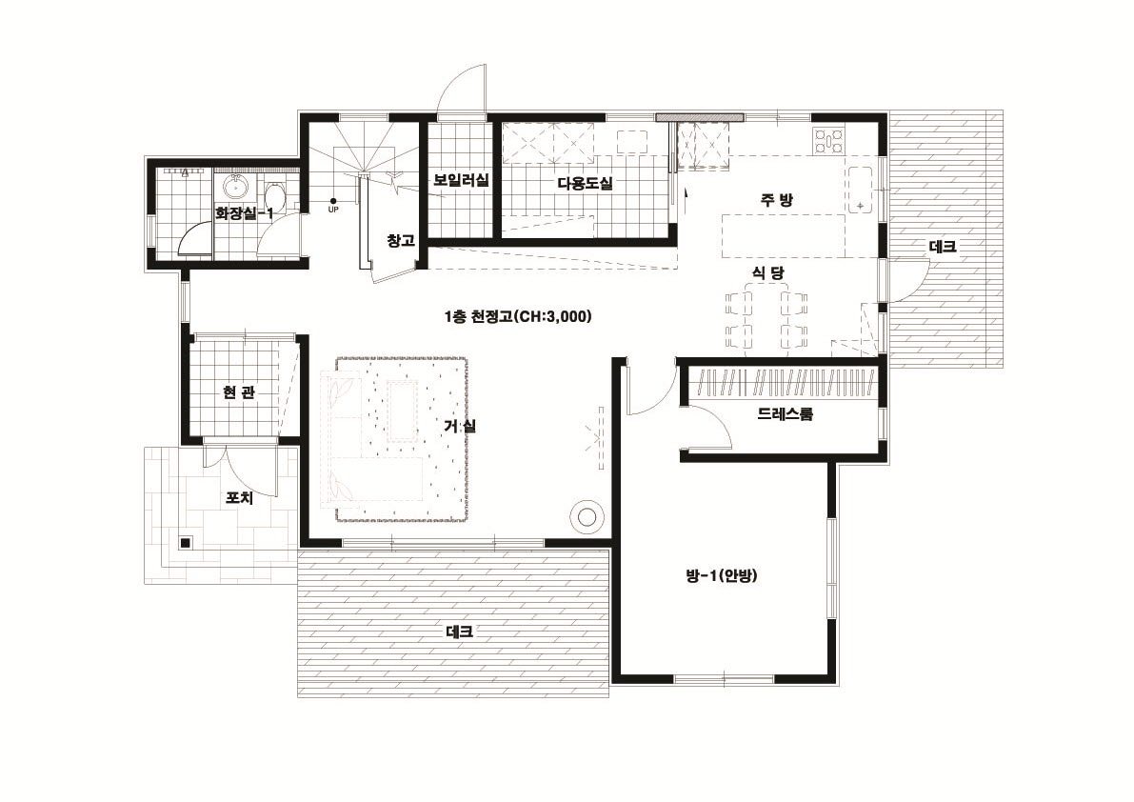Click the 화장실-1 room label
tap(245, 213)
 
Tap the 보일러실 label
tap(461, 179)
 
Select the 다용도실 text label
tap(585, 184)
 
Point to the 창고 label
tap(400, 241)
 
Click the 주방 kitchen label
tap(776, 200)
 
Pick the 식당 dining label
tap(768, 272)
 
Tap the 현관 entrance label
tap(239, 392)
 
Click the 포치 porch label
tap(239, 498)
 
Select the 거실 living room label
tap(460, 426)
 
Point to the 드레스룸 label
tap(785, 414)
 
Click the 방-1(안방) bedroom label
tap(721, 575)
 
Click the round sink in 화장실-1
tap(235, 187)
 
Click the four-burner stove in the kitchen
tap(828, 140)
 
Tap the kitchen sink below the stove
tap(860, 190)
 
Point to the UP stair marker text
tap(333, 211)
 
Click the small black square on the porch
tap(186, 542)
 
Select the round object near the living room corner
tap(585, 516)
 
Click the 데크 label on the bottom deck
tap(460, 632)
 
